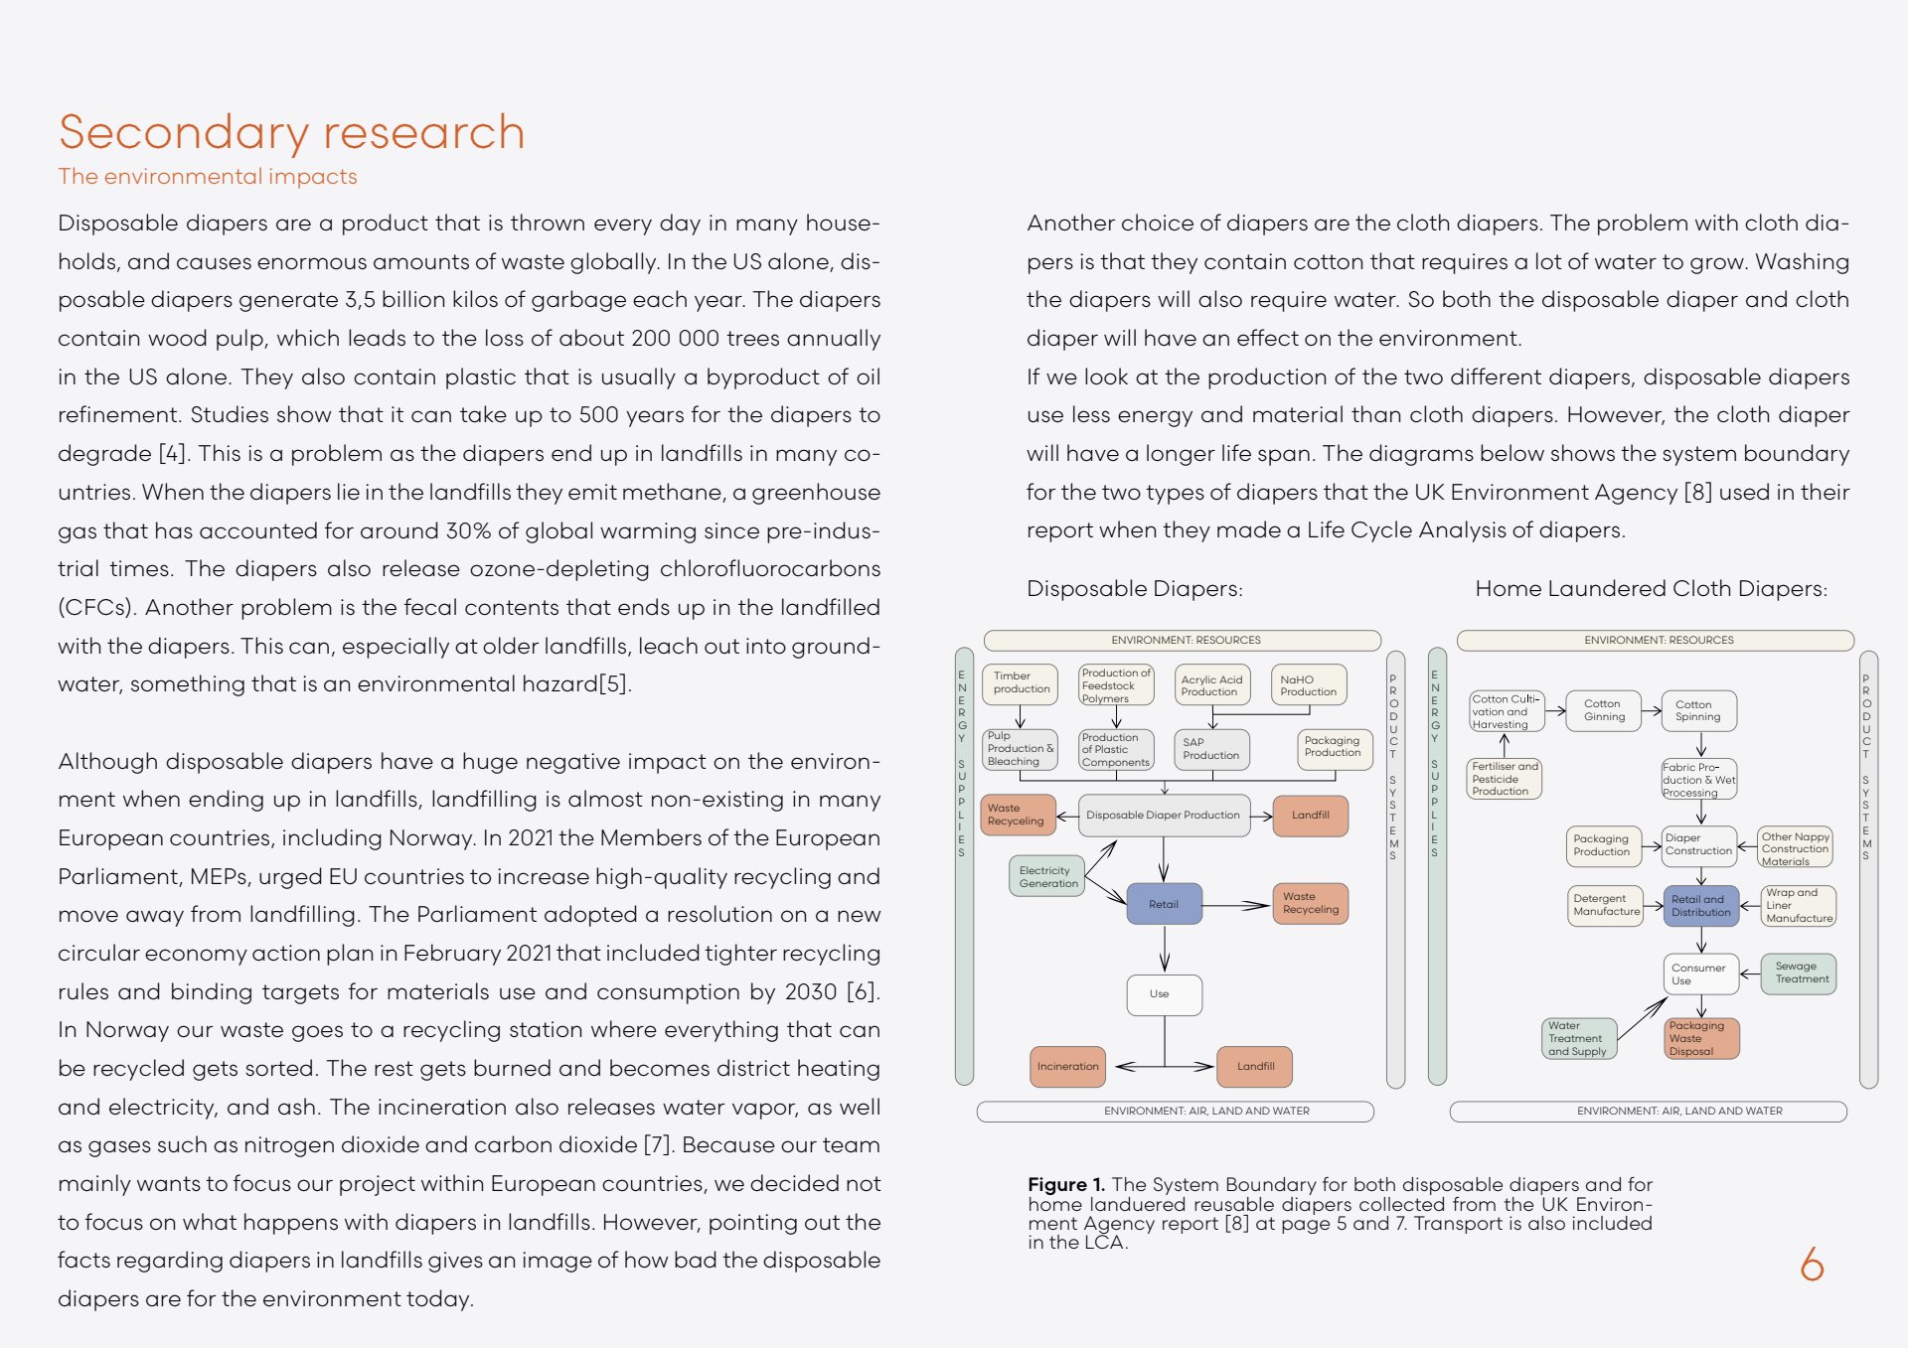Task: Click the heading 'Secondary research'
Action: [291, 133]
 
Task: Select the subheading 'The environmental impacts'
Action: [208, 177]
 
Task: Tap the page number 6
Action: [1812, 1264]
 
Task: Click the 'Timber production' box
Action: [1020, 683]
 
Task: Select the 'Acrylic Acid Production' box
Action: [1211, 685]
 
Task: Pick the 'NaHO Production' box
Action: [1308, 685]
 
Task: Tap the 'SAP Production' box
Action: [1210, 749]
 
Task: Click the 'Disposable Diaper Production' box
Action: [1163, 816]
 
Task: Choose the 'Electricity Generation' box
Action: [1047, 877]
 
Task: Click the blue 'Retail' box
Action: [1164, 904]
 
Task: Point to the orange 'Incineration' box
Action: [1067, 1066]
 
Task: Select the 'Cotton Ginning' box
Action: [1604, 710]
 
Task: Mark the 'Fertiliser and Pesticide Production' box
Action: [1505, 779]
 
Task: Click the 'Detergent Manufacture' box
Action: [1605, 905]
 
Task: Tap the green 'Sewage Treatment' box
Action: [1800, 973]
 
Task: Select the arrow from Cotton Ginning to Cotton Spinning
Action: [1652, 710]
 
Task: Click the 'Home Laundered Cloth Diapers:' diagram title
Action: [1651, 589]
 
